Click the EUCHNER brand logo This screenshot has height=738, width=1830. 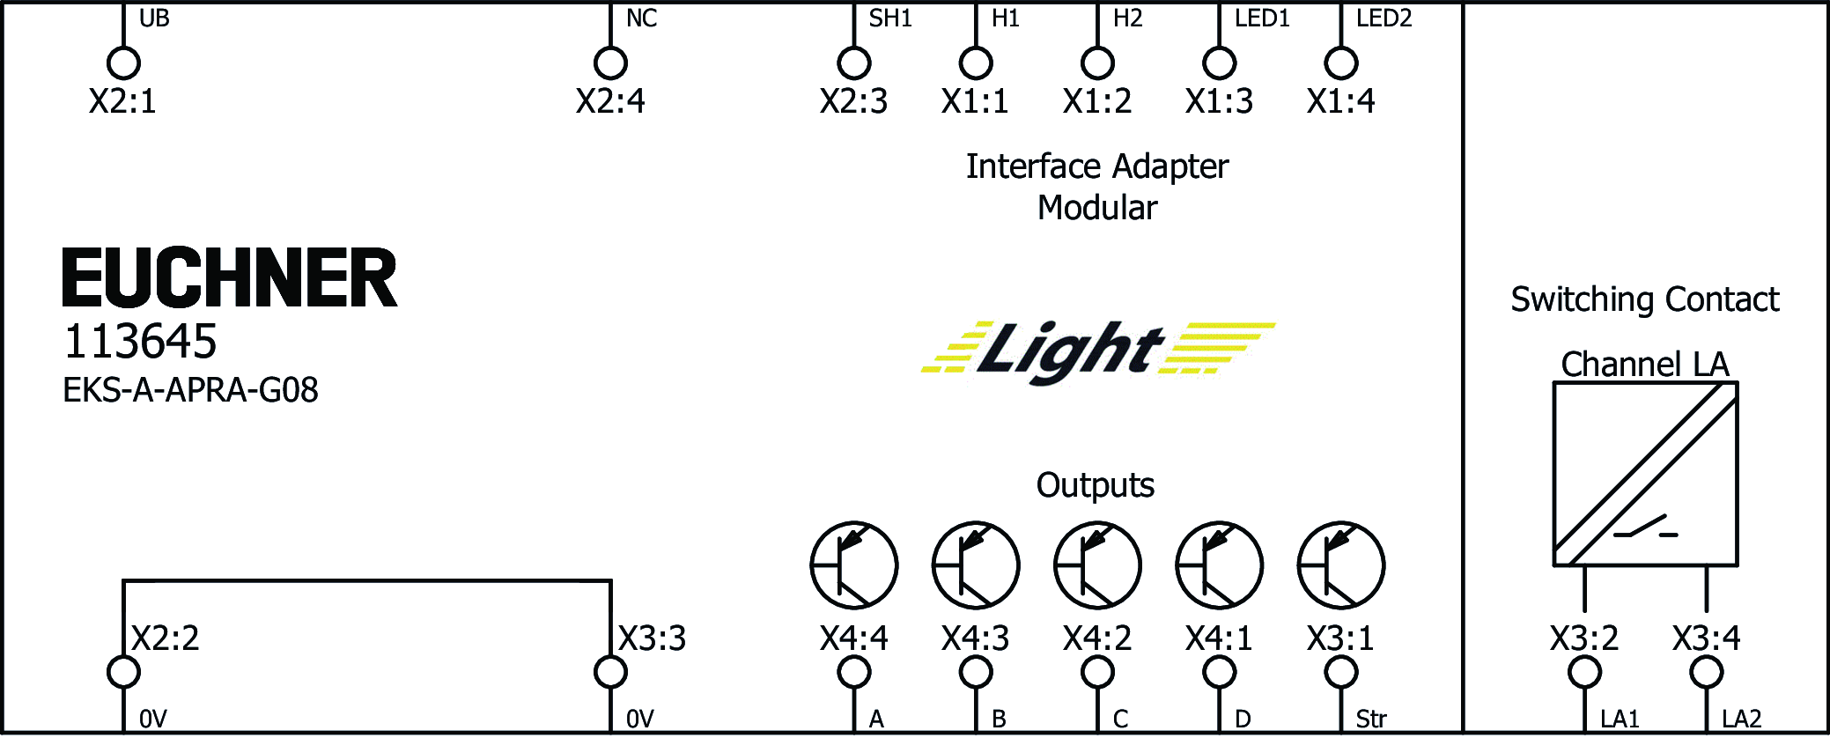pos(230,277)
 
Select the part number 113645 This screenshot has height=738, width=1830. pos(140,342)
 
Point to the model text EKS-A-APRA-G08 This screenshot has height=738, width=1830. pos(190,390)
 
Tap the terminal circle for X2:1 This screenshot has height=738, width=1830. pos(123,63)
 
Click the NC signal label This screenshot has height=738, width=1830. pos(641,18)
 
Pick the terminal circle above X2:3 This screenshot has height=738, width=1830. pos(853,63)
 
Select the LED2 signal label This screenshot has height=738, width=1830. pos(1384,18)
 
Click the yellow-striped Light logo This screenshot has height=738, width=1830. pos(1097,351)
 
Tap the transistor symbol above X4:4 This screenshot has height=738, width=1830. pos(853,565)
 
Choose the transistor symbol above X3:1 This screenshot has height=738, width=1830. pos(1340,565)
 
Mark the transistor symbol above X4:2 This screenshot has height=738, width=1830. pos(1097,565)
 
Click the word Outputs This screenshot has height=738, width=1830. pos(1095,485)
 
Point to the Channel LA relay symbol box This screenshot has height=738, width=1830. pos(1645,474)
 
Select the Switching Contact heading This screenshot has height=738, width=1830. pos(1644,299)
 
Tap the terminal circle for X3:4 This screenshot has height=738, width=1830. pos(1706,673)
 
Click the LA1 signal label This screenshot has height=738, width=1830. pos(1619,720)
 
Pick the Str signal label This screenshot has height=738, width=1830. pos(1370,720)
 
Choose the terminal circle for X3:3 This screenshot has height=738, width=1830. pos(610,673)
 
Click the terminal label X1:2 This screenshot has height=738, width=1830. pos(1096,101)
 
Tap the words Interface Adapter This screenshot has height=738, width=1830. pos(1096,166)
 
